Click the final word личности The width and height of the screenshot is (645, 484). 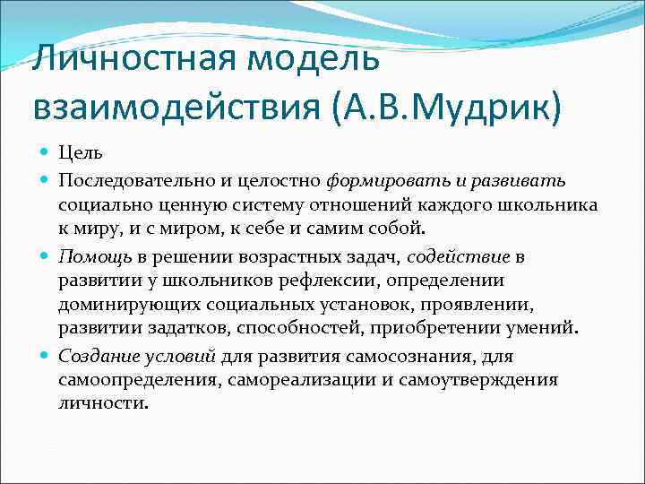(x=100, y=403)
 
